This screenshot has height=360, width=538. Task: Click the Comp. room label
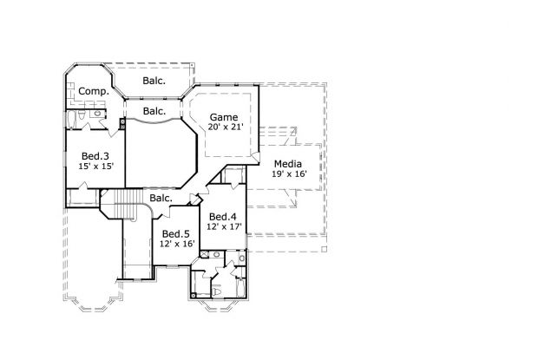(x=93, y=91)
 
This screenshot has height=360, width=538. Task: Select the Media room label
(x=288, y=163)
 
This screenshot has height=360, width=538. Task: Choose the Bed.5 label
(x=176, y=233)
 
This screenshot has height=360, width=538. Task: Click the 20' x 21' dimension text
(x=223, y=127)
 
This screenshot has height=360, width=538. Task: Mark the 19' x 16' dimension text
(x=288, y=174)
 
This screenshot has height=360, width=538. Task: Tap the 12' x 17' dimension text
(x=223, y=227)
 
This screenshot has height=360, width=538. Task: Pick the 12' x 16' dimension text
(x=176, y=244)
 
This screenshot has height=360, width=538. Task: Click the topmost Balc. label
(x=154, y=82)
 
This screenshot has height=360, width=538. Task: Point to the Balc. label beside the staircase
(x=161, y=198)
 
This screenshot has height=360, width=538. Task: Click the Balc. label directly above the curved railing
(x=154, y=111)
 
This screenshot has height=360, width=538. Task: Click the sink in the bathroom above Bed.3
(x=97, y=114)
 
